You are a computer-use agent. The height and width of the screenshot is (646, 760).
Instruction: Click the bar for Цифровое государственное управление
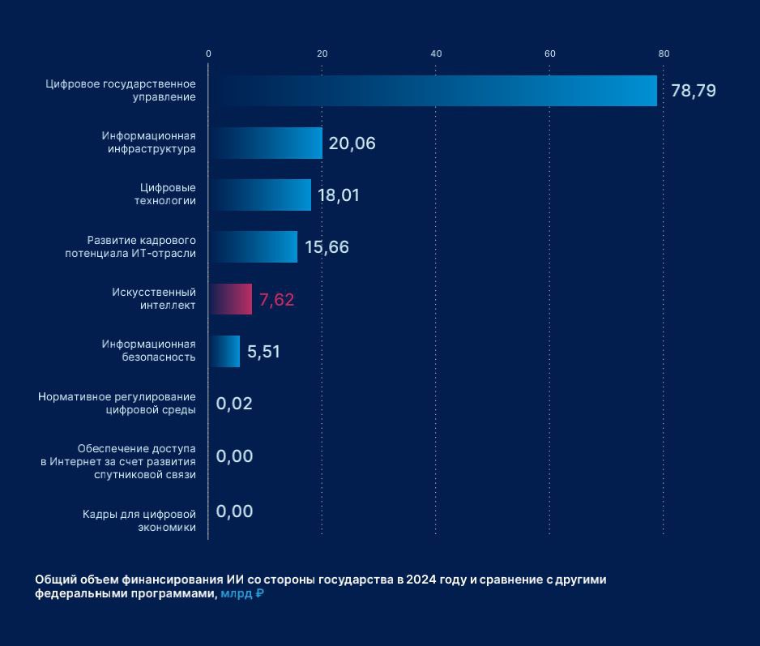point(433,91)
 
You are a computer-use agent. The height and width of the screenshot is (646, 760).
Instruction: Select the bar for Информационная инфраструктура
point(266,143)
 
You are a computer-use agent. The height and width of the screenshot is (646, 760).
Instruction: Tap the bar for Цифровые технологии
point(260,195)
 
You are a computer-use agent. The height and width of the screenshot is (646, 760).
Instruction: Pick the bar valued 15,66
point(253,246)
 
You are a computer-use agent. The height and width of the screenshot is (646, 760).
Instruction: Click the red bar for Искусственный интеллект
point(230,299)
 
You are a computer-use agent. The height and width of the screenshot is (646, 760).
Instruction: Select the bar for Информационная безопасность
point(224,351)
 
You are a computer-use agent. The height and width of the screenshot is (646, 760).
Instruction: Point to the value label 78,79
point(694,91)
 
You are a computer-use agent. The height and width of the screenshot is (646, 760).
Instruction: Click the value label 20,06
point(352,143)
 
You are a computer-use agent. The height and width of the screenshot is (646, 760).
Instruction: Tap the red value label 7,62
point(276,300)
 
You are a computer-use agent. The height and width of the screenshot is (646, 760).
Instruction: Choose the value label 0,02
point(234,404)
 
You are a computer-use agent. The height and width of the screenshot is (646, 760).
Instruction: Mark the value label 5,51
point(264,352)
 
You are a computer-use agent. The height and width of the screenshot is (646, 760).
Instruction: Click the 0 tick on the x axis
point(208,53)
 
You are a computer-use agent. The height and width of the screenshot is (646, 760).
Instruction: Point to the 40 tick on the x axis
point(436,53)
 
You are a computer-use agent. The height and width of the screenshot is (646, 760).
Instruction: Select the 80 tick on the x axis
point(664,53)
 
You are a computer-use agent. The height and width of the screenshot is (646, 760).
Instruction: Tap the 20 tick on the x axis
point(322,53)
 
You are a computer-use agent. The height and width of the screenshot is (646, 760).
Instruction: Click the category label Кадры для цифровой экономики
point(139,520)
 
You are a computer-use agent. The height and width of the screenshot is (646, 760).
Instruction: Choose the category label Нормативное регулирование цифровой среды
point(117,403)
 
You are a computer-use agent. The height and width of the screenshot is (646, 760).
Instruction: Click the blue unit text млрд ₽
point(242,593)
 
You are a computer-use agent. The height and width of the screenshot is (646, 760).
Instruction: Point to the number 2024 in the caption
point(421,580)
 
